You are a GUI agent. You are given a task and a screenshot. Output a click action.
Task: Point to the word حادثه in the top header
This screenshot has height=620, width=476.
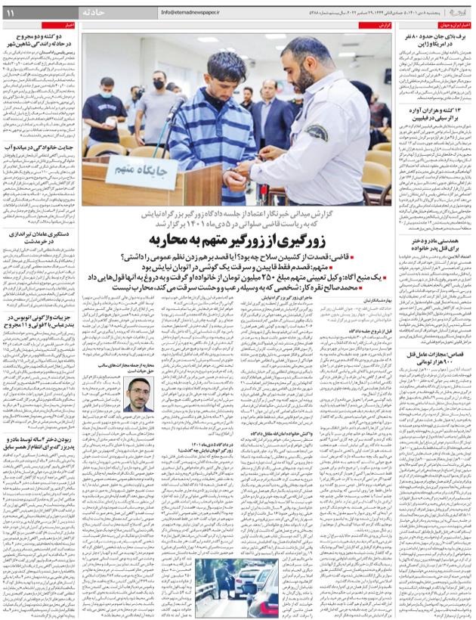105,13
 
